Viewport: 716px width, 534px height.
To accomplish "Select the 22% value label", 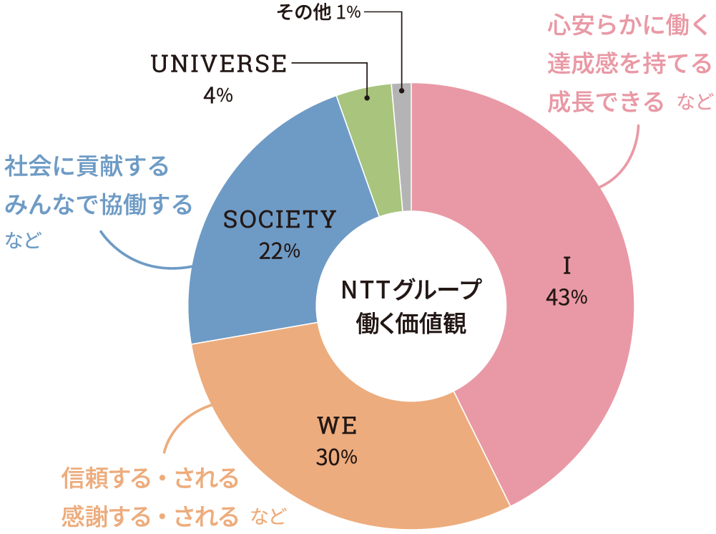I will [x=280, y=251].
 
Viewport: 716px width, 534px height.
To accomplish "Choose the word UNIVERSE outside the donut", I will [x=219, y=64].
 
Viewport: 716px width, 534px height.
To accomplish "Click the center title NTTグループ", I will [x=411, y=290].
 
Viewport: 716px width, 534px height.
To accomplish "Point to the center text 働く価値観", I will [x=411, y=324].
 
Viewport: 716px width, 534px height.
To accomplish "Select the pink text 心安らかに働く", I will [x=627, y=26].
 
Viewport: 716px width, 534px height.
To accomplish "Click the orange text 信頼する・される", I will [x=149, y=477].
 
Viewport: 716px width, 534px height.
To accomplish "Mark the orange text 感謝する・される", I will [x=149, y=515].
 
